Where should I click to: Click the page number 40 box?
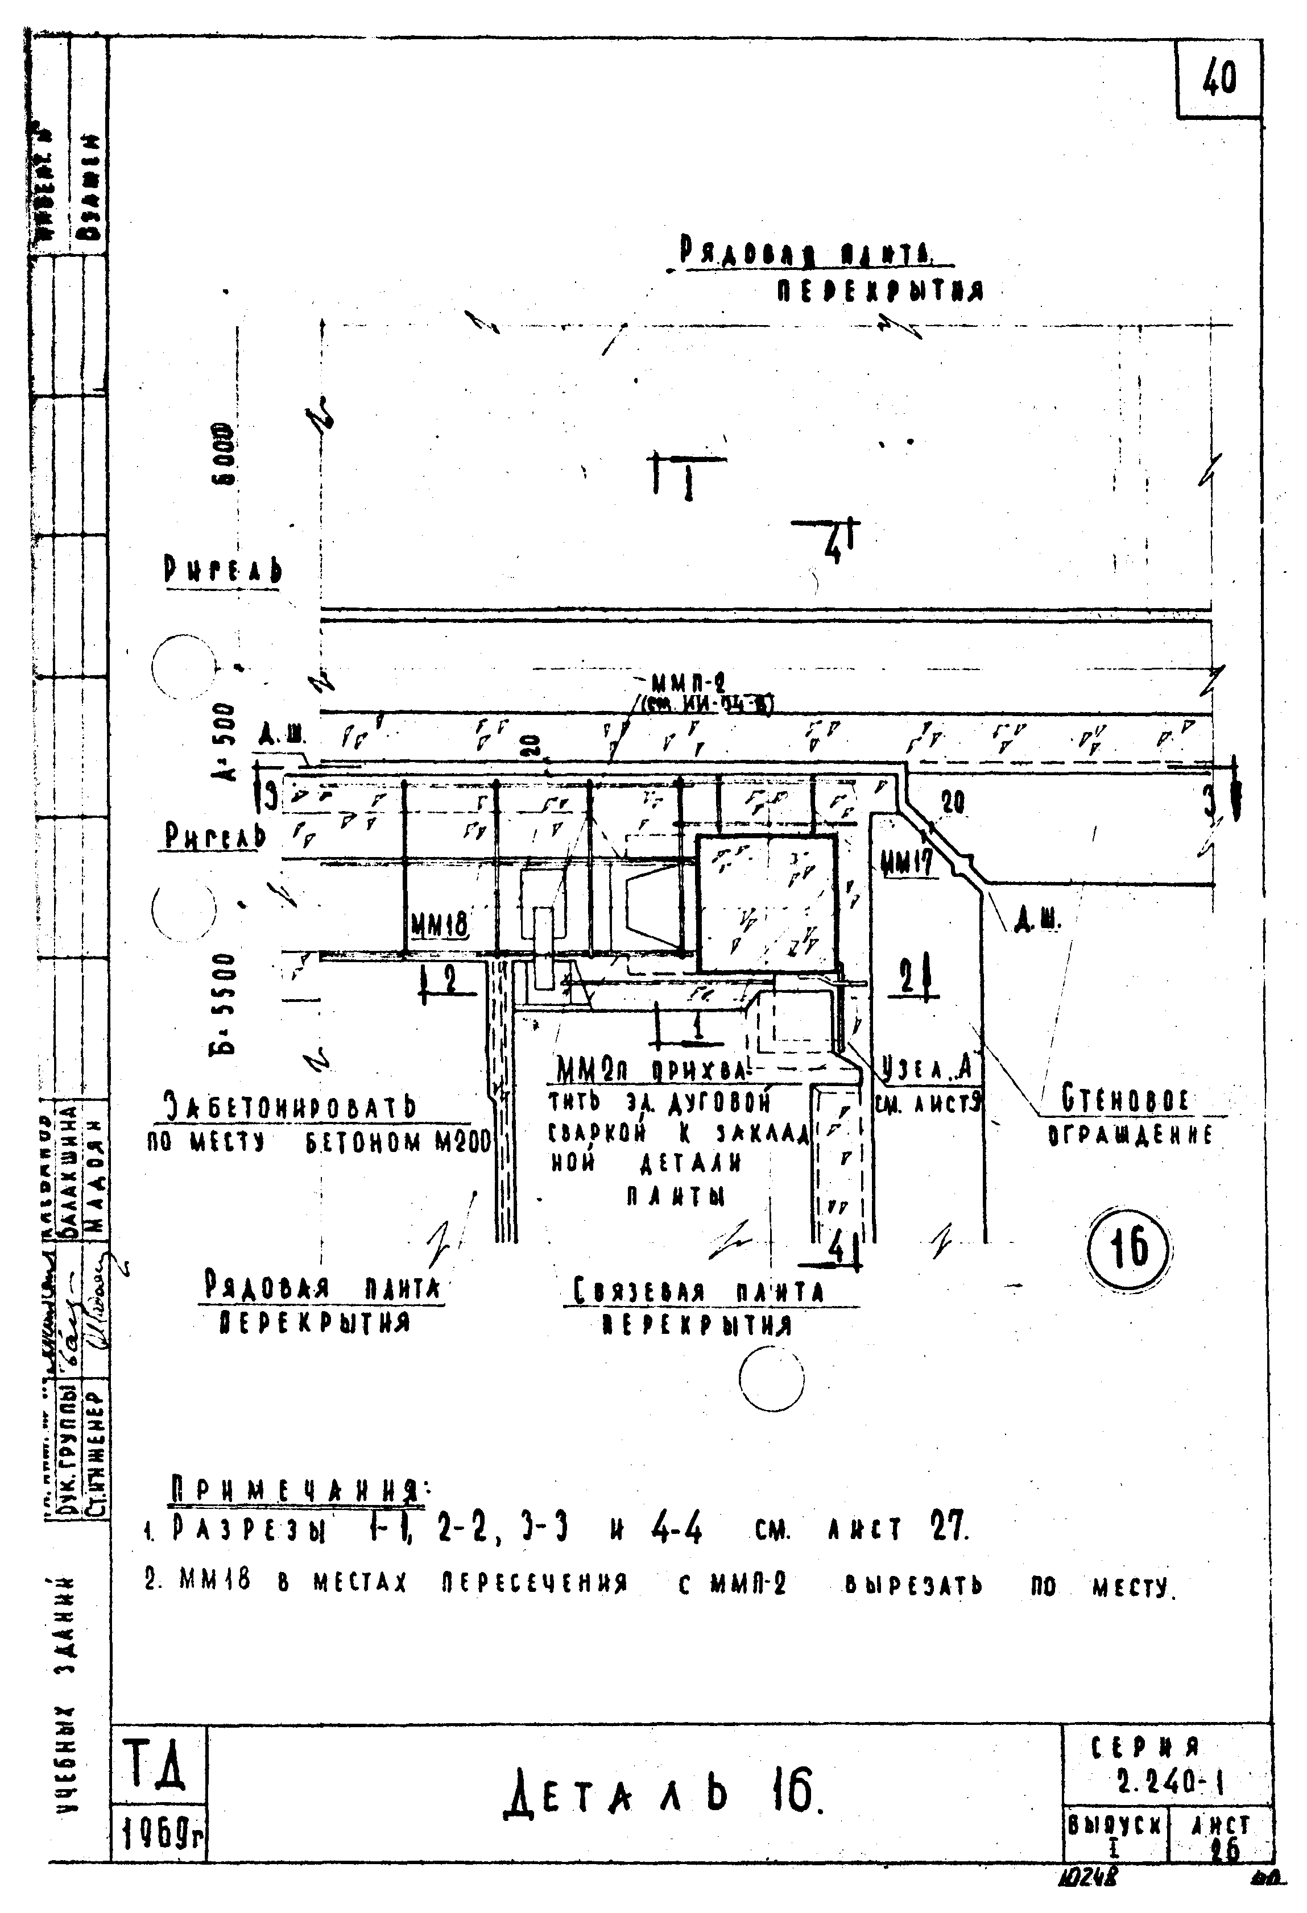click(1219, 80)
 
